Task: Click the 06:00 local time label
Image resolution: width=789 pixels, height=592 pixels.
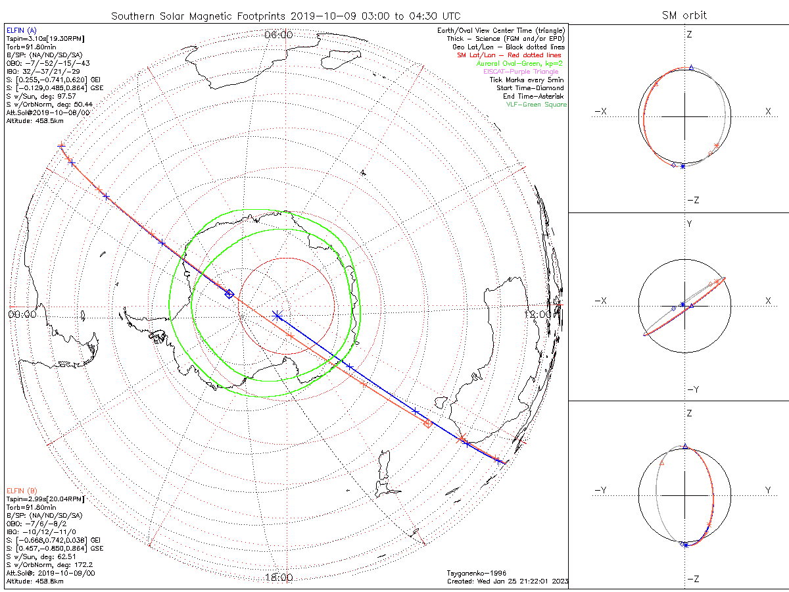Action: [278, 35]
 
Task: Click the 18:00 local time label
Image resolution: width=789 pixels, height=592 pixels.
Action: [278, 578]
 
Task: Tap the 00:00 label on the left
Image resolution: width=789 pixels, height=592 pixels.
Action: [22, 314]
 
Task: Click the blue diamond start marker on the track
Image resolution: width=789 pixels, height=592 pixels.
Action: [229, 294]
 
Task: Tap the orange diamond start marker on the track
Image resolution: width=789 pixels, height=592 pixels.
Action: [428, 424]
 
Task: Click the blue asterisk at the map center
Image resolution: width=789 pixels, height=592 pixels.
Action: [277, 316]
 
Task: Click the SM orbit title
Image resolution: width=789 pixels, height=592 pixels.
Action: [684, 15]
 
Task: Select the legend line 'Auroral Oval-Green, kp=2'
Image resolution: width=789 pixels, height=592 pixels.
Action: [519, 63]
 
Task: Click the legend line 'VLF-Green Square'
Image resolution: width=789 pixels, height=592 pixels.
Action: [536, 105]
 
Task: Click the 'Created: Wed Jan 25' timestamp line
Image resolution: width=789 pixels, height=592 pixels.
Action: [507, 581]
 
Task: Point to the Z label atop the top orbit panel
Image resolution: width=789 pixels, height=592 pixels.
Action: [689, 34]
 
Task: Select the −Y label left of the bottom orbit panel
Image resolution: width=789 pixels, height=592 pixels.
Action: [600, 490]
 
